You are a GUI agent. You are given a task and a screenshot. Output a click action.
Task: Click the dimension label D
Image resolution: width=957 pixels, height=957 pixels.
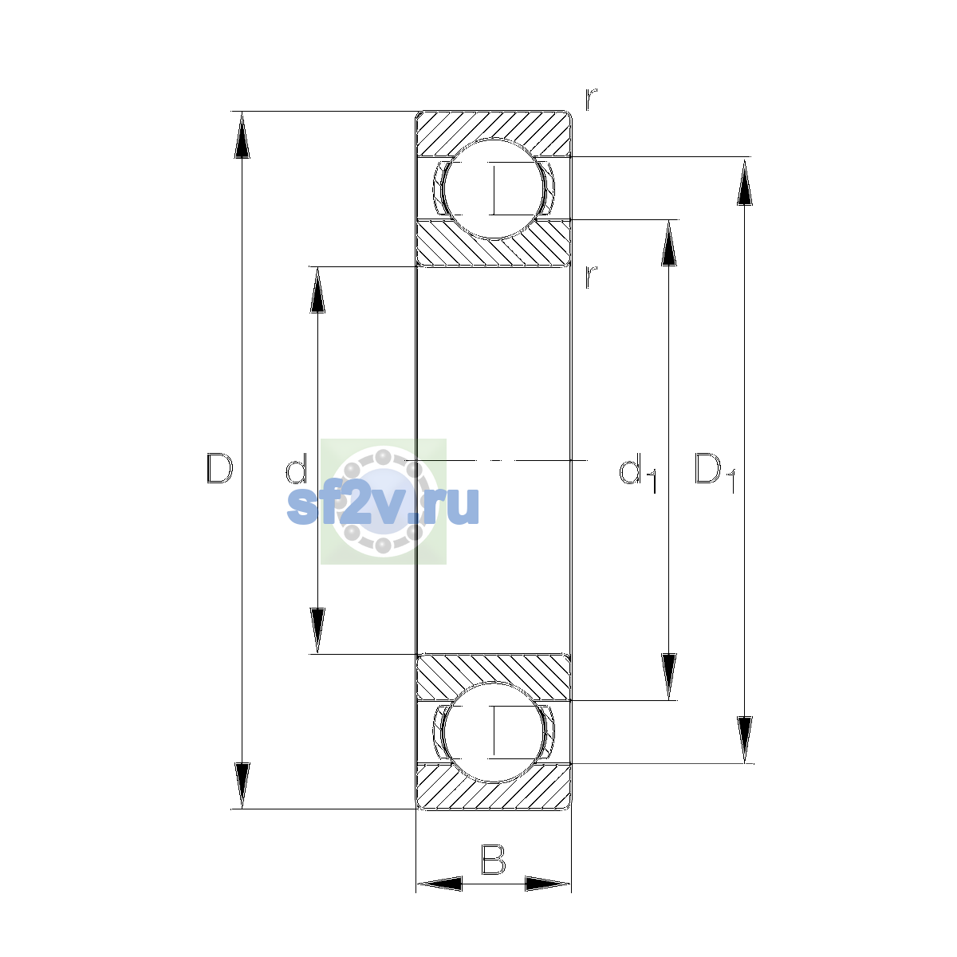point(219,468)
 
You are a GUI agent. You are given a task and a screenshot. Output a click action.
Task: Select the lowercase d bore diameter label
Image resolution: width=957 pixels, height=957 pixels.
point(296,468)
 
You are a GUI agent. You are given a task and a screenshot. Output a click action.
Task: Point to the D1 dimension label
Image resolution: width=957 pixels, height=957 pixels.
point(715,472)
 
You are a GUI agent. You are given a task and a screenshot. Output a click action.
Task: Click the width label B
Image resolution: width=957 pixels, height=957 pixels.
point(493,860)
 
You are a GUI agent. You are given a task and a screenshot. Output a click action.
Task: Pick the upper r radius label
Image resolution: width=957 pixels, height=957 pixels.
point(590,99)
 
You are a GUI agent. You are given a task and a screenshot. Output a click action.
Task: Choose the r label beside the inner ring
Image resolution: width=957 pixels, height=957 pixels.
point(590,277)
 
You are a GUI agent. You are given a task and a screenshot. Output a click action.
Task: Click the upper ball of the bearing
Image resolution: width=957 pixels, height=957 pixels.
point(494,189)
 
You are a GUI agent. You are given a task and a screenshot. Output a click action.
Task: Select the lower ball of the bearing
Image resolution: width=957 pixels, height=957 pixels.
point(494,732)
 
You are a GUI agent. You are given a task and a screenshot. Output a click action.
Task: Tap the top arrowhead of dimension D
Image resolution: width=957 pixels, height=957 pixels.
point(242,135)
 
